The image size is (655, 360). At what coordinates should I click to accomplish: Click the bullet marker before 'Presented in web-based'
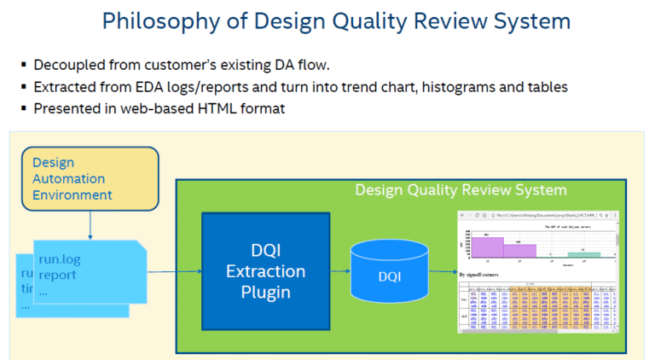pyautogui.click(x=22, y=109)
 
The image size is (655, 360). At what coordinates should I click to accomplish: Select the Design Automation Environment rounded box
pyautogui.click(x=90, y=178)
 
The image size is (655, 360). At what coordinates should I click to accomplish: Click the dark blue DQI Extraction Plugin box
pyautogui.click(x=264, y=272)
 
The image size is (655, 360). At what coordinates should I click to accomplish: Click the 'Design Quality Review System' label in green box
pyautogui.click(x=461, y=189)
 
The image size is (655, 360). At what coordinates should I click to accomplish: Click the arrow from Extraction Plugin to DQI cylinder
pyautogui.click(x=340, y=272)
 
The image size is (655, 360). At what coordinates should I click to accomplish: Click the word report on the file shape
pyautogui.click(x=58, y=275)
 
